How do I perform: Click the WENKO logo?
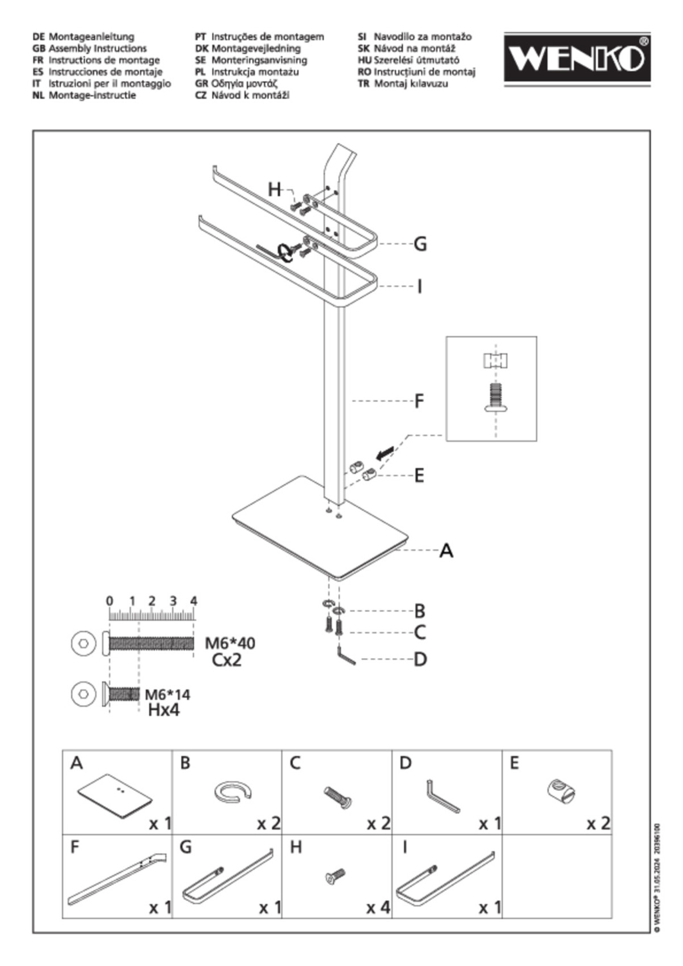[577, 59]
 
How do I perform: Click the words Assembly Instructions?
[97, 49]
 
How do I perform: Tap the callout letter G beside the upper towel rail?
[420, 244]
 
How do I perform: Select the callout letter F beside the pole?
[419, 401]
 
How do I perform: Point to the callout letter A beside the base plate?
[446, 550]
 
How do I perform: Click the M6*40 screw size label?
[230, 643]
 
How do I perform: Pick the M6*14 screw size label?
[167, 694]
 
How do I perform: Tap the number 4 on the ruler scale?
[193, 601]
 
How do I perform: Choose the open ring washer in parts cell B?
[233, 791]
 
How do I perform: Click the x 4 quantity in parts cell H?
[378, 908]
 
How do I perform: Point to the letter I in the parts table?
[404, 848]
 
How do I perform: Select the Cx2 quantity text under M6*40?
[226, 660]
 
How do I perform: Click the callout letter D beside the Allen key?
[420, 659]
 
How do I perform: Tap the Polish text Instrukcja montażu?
[255, 72]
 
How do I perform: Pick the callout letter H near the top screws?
[275, 189]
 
